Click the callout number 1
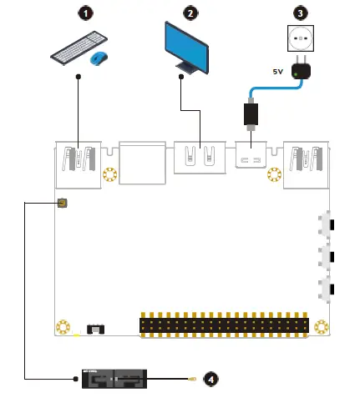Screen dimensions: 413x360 pos(83,13)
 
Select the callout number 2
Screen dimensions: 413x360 pos(190,13)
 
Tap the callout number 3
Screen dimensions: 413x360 pos(302,13)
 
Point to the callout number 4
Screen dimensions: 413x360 pos(210,379)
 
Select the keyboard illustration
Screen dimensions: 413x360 pos(78,47)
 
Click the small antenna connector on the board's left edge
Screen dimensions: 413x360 pos(62,204)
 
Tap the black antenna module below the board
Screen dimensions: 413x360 pos(114,380)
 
